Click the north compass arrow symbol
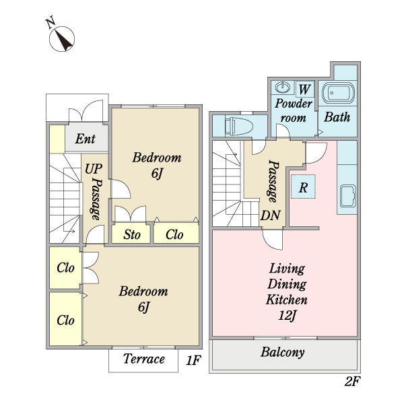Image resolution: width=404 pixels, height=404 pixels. pyautogui.click(x=62, y=39)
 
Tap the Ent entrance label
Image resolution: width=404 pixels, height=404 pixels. pyautogui.click(x=86, y=139)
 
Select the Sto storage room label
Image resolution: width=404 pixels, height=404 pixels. pyautogui.click(x=132, y=234)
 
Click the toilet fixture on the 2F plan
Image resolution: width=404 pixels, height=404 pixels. pyautogui.click(x=238, y=126)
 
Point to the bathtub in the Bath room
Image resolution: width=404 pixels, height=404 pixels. pyautogui.click(x=338, y=93)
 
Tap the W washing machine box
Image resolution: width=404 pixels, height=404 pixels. pyautogui.click(x=304, y=89)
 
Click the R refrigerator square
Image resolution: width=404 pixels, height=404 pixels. pyautogui.click(x=303, y=187)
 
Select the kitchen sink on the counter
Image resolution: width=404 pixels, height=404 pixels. pyautogui.click(x=348, y=196)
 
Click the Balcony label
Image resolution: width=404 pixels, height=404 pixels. pyautogui.click(x=283, y=352)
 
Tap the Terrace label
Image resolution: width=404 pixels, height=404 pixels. pyautogui.click(x=144, y=359)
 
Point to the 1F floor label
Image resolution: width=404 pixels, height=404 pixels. pyautogui.click(x=193, y=360)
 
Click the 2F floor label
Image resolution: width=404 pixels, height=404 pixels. pyautogui.click(x=352, y=381)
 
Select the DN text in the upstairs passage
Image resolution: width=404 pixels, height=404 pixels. pyautogui.click(x=270, y=215)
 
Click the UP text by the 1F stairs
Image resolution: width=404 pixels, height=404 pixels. pyautogui.click(x=94, y=169)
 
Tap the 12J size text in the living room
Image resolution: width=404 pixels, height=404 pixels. pyautogui.click(x=287, y=315)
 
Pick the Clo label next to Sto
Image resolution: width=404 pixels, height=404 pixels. pyautogui.click(x=174, y=234)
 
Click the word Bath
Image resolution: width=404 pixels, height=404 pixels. pyautogui.click(x=337, y=117)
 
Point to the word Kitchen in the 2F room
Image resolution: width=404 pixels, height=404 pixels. pyautogui.click(x=287, y=300)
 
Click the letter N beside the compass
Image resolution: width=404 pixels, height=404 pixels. pyautogui.click(x=50, y=22)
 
